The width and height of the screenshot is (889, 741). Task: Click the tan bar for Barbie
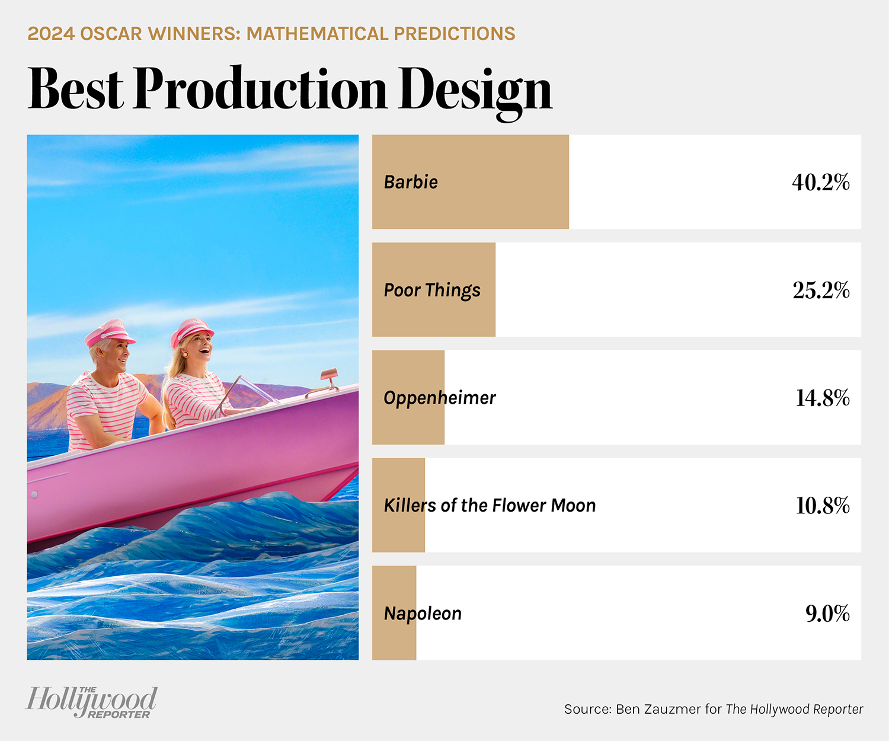coord(471,182)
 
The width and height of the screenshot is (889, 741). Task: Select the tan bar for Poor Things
coord(434,290)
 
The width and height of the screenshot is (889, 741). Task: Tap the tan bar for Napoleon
coord(394,613)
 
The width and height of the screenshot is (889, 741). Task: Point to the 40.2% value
coord(820,182)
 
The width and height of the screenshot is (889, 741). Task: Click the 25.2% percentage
coord(821,290)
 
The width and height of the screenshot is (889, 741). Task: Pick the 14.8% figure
coord(823,398)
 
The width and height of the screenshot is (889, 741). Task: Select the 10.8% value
coord(823,506)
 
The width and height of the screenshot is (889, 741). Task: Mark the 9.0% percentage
coord(827,614)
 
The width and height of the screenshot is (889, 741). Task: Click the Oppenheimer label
coord(439,398)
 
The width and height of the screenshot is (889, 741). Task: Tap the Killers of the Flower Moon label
coord(490,506)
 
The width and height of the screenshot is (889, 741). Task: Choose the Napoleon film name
coord(423,614)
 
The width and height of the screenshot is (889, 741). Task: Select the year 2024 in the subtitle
coord(51,34)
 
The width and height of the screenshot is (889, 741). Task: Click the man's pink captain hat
coord(110,333)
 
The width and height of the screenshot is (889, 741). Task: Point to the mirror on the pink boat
coord(330,374)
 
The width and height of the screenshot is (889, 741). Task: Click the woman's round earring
coord(186,354)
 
